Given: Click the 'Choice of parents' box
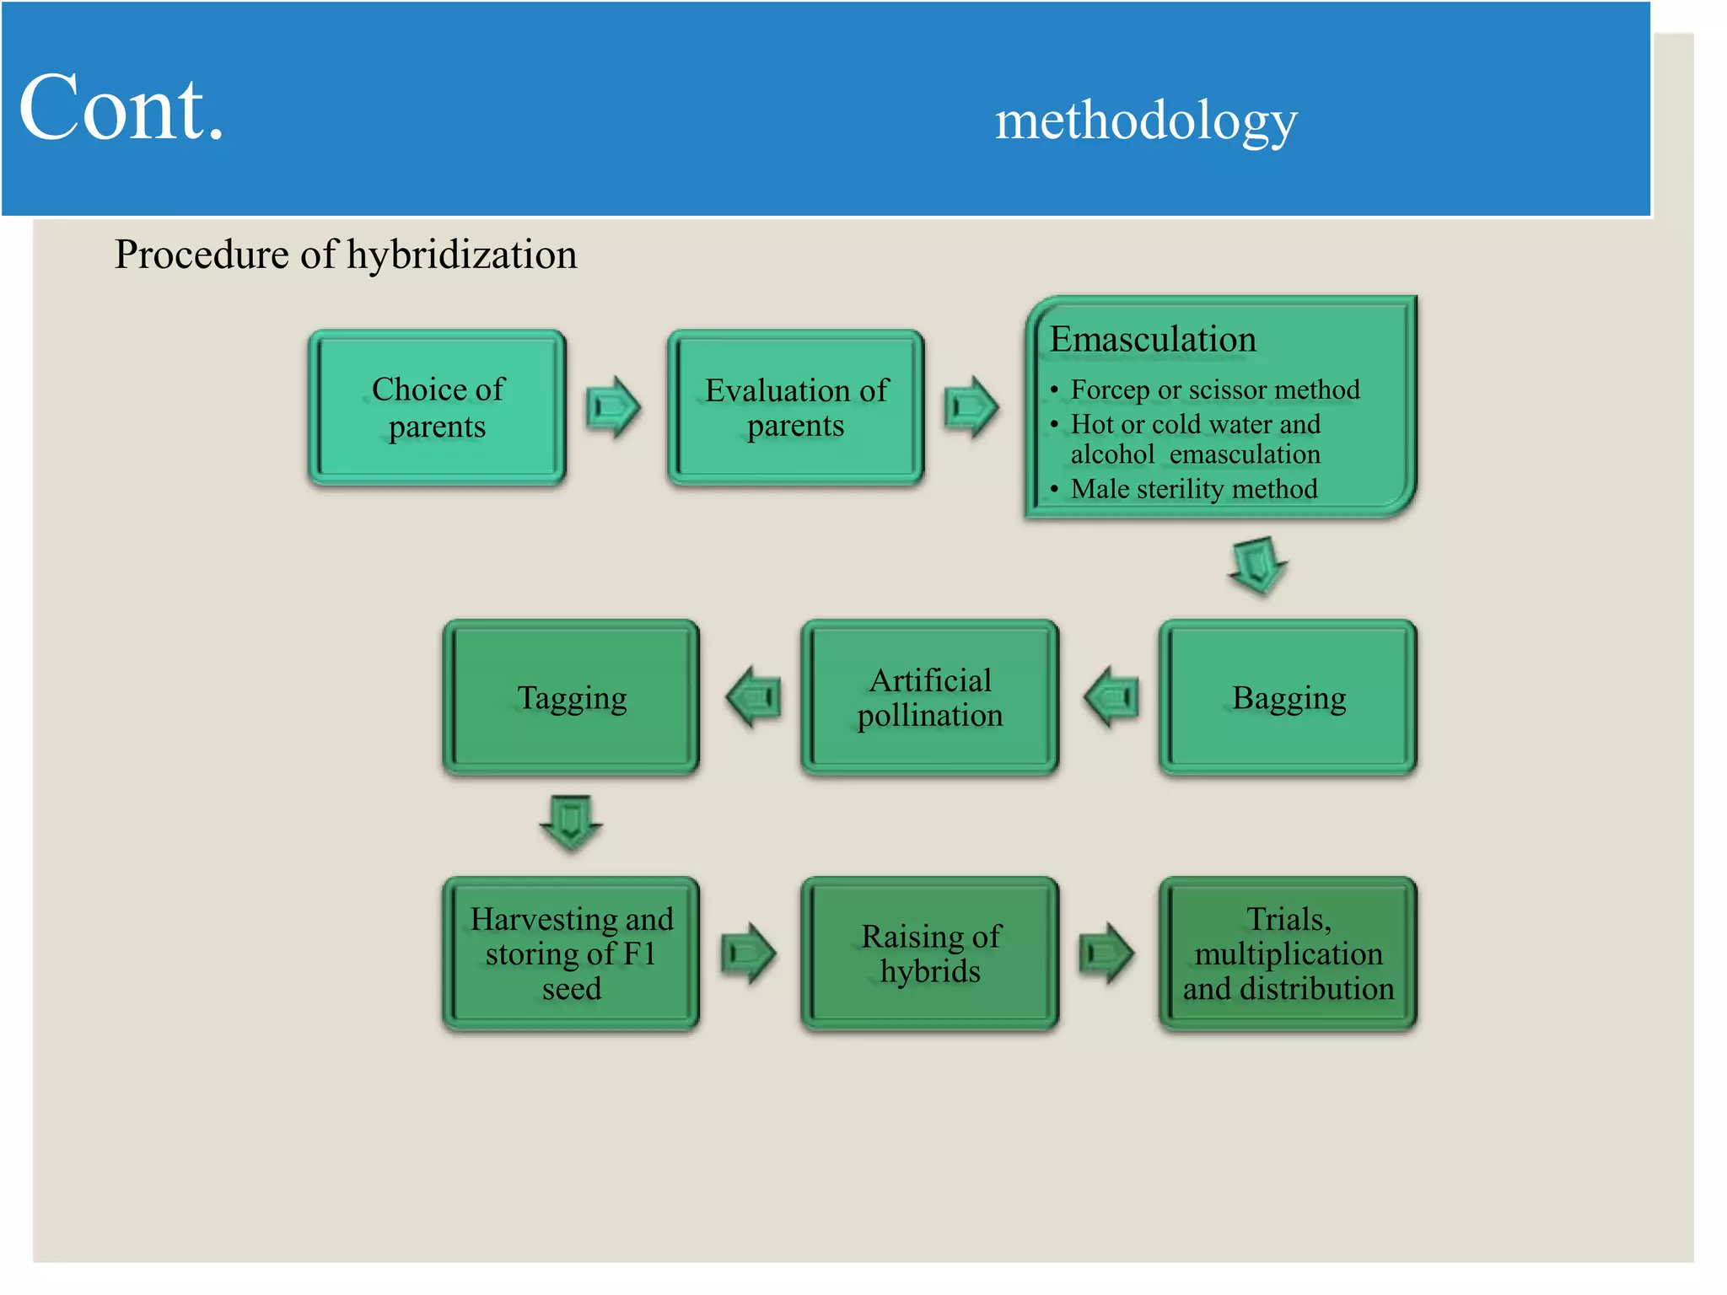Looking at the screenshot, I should [x=437, y=407].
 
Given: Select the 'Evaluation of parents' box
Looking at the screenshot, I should [x=795, y=407].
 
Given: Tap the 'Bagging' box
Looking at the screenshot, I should [x=1288, y=698].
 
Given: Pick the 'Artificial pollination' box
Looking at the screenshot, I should [x=929, y=698].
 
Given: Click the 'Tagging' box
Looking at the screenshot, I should [x=571, y=698].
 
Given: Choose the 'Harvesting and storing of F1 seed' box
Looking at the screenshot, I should [x=571, y=954].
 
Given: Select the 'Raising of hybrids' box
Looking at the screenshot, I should [x=929, y=954].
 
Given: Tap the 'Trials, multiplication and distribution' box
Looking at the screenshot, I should [x=1288, y=954].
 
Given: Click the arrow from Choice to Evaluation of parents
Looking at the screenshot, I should [x=614, y=407].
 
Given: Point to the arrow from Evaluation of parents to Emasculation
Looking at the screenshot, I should [x=971, y=407].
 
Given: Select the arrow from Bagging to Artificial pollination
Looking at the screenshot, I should [x=1111, y=696].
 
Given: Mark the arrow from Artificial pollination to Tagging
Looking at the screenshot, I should [x=753, y=696].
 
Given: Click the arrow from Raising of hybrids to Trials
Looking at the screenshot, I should [x=1106, y=954].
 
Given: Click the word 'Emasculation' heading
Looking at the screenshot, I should [x=1153, y=340].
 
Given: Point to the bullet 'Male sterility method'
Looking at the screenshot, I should [x=1193, y=489].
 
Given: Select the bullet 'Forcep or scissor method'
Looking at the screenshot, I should [x=1214, y=390].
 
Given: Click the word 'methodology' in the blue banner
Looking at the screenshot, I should [x=1146, y=121].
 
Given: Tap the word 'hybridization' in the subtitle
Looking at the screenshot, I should [x=461, y=255].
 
